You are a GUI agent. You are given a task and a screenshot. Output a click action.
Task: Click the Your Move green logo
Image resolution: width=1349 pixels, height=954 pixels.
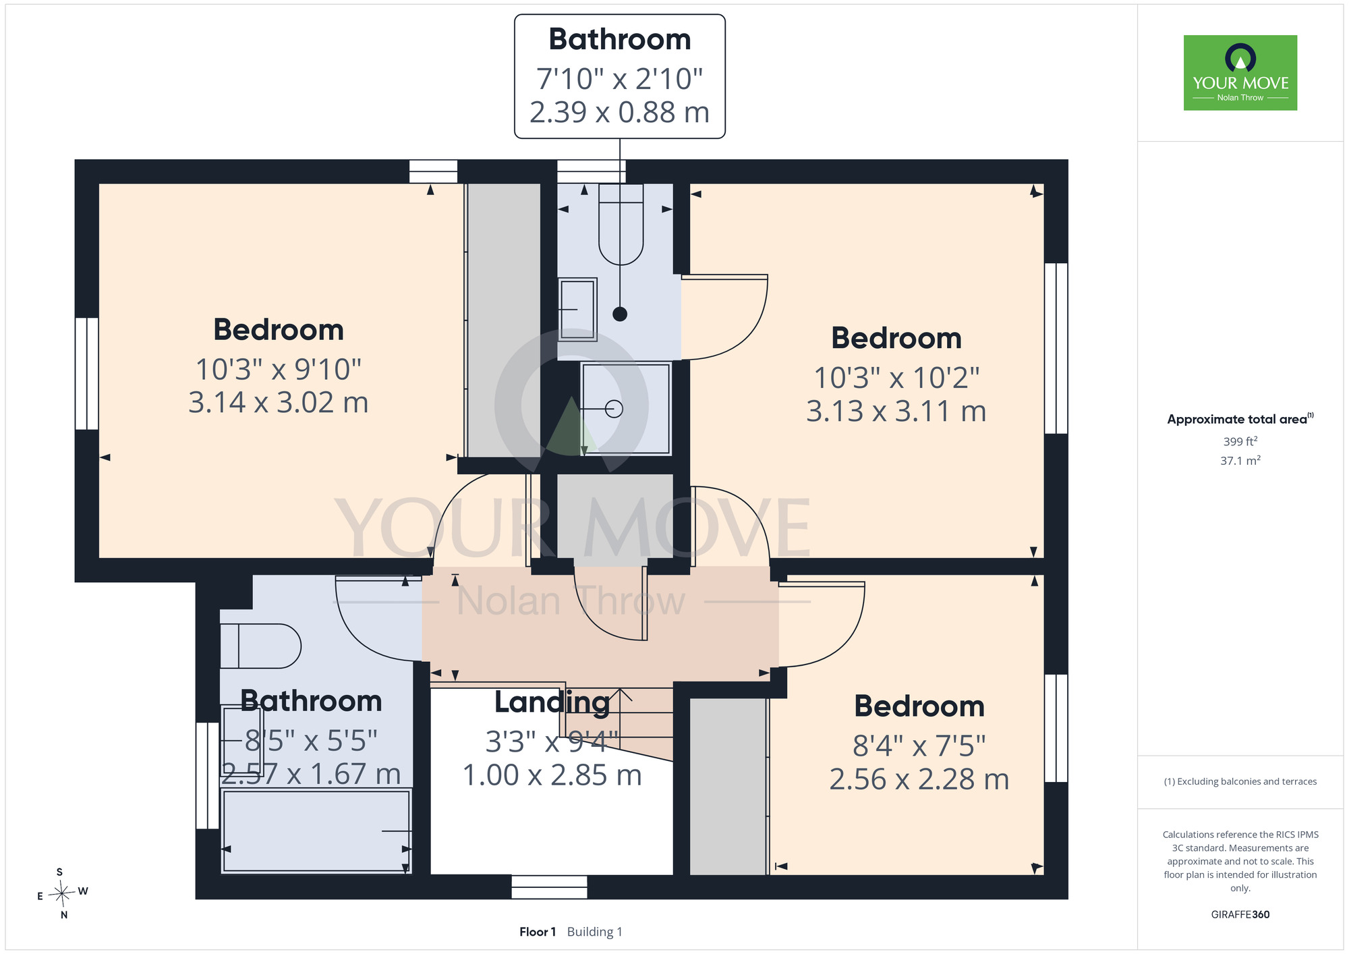click(1240, 73)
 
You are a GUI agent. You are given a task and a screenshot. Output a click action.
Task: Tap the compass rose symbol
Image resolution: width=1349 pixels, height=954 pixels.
click(62, 894)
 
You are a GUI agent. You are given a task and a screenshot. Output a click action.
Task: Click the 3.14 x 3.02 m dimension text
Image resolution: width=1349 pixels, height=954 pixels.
click(279, 403)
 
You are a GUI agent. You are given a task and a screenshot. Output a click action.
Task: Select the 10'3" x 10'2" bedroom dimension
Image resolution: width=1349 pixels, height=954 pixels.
click(896, 378)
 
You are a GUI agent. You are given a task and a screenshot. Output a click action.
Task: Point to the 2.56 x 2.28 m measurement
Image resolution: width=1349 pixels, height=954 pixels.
click(919, 779)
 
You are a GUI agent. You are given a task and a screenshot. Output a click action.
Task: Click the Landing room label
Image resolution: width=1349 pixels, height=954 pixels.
click(552, 702)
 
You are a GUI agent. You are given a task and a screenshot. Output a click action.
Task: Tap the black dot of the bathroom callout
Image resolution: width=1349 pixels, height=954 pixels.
click(620, 314)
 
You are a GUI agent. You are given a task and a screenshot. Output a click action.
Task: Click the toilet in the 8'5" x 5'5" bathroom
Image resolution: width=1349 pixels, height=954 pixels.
click(260, 646)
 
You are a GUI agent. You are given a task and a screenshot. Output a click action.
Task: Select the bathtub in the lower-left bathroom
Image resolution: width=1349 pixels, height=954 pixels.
click(316, 831)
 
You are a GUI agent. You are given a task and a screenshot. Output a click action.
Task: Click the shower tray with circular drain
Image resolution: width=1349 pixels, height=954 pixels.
click(626, 409)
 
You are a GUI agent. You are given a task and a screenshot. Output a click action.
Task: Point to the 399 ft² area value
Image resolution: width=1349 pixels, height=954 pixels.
click(1240, 441)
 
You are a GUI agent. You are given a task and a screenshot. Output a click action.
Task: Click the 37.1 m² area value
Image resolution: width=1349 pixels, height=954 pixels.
click(1240, 461)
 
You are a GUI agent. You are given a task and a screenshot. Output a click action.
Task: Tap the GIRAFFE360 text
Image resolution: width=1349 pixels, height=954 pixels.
click(1240, 915)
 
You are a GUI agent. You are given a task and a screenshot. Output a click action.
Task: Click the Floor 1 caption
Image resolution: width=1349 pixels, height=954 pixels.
click(538, 932)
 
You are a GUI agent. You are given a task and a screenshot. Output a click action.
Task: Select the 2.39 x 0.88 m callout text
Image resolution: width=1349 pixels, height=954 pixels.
click(620, 113)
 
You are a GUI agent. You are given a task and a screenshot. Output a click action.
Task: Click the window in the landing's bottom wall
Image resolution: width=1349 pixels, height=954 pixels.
click(549, 887)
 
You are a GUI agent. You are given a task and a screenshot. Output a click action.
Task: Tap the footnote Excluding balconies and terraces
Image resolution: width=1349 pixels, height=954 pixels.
click(1240, 781)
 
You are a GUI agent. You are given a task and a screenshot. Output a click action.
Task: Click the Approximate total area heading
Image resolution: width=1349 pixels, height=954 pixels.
click(1240, 419)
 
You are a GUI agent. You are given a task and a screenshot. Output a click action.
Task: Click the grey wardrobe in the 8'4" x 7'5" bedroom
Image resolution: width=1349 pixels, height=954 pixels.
click(728, 787)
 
